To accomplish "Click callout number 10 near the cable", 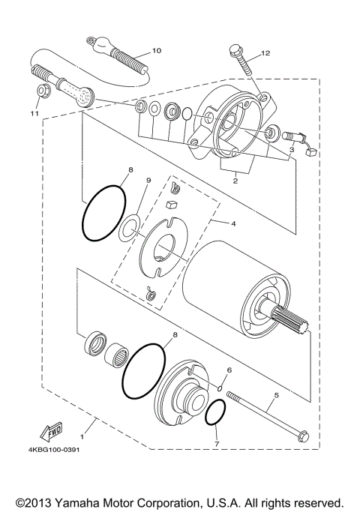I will click(157, 51).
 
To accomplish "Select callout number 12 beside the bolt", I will click(264, 54).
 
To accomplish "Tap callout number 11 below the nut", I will click(33, 113).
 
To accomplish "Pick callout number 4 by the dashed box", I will click(233, 223).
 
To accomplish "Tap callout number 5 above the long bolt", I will click(276, 394).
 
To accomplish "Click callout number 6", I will click(229, 370).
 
